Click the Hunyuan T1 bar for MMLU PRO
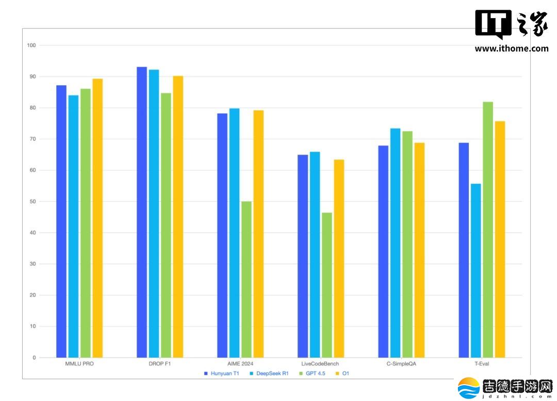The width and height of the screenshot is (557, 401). coord(61,221)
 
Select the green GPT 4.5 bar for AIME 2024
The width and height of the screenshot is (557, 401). coord(246,279)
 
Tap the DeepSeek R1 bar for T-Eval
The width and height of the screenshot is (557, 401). coord(476,270)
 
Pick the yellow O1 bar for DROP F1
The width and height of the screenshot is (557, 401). coord(178,217)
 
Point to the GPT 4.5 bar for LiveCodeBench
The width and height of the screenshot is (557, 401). coord(327,285)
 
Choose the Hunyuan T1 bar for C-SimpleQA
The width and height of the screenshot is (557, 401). coord(383,252)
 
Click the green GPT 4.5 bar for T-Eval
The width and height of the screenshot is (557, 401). coord(488,230)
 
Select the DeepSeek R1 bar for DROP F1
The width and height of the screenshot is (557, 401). coord(154,214)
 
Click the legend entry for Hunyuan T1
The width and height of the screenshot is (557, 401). coord(222,373)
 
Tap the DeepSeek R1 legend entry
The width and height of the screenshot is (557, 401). coord(269,373)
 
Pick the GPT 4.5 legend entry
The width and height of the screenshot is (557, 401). coord(312,373)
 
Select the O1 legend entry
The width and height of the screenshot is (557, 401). coord(342,373)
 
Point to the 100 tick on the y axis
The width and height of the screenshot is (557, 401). coord(31,45)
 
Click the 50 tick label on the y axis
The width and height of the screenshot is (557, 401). coord(32,201)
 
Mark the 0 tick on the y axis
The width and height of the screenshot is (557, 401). coord(34,358)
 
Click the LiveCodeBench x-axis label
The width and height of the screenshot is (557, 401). coord(320,364)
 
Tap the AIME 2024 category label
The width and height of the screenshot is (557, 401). coord(240,364)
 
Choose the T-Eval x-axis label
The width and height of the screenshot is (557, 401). coord(482,364)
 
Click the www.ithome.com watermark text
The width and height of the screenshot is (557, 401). coord(512,49)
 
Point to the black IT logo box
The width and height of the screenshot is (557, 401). coord(494,23)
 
